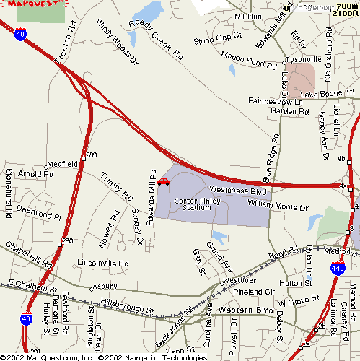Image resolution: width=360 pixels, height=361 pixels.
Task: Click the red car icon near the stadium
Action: [x=163, y=181]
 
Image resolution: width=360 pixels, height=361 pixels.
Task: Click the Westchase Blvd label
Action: [x=238, y=191]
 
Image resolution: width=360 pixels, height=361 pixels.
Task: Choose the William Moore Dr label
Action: [x=278, y=206]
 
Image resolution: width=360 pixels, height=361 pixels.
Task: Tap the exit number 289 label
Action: [x=92, y=155]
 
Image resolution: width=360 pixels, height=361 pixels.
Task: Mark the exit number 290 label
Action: [x=67, y=240]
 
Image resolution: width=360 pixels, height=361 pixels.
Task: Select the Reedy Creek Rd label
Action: [x=156, y=38]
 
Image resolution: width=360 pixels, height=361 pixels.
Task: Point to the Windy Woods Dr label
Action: [x=116, y=43]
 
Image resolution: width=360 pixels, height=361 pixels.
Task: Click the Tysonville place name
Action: [x=302, y=59]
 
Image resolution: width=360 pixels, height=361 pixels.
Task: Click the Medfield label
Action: [x=63, y=164]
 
